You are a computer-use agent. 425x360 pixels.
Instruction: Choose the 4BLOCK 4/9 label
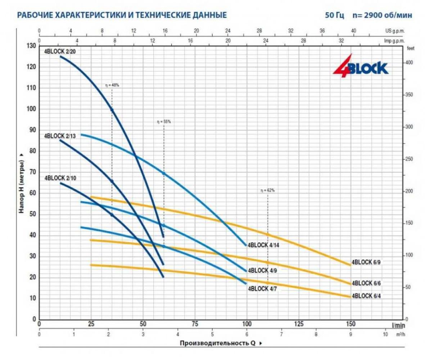(x=263, y=270)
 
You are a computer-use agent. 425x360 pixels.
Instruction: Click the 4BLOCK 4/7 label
(x=263, y=288)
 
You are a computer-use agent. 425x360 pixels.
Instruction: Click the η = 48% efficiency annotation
(x=112, y=85)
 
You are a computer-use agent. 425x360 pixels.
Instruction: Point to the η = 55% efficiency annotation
(x=164, y=122)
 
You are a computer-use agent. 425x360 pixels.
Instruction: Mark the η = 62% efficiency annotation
(x=267, y=190)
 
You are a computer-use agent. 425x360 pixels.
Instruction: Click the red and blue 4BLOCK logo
(x=360, y=68)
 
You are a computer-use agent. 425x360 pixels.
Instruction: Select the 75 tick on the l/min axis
(x=195, y=324)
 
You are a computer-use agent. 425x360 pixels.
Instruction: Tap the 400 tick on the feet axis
(x=410, y=63)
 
